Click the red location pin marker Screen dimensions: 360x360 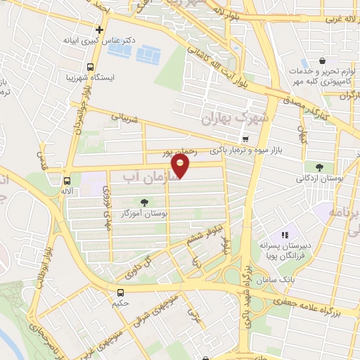[181, 166]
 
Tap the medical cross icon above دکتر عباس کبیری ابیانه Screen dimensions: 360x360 [100, 30]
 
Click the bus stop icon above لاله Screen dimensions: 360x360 [67, 181]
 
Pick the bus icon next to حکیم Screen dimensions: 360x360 [120, 292]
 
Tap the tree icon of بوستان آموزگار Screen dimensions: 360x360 [143, 202]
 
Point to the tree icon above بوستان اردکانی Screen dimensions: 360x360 [319, 167]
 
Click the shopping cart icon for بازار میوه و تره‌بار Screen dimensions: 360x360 [245, 139]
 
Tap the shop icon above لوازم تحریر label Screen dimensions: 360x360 [322, 60]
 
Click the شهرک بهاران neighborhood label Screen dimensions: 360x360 [236, 116]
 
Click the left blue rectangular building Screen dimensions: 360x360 [124, 51]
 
